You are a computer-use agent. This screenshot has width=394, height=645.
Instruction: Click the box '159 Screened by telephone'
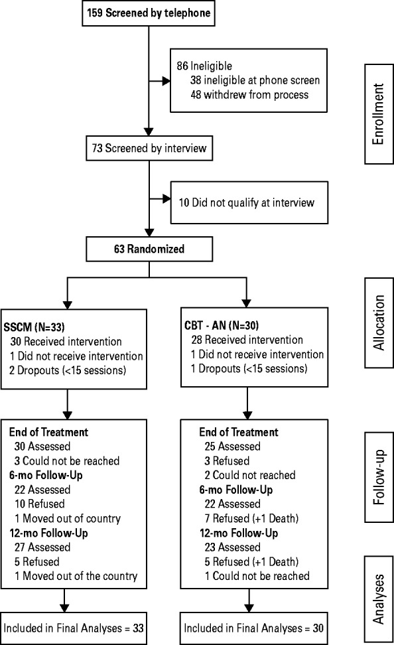coord(149,13)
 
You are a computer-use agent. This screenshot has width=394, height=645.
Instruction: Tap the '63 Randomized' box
coord(149,251)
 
